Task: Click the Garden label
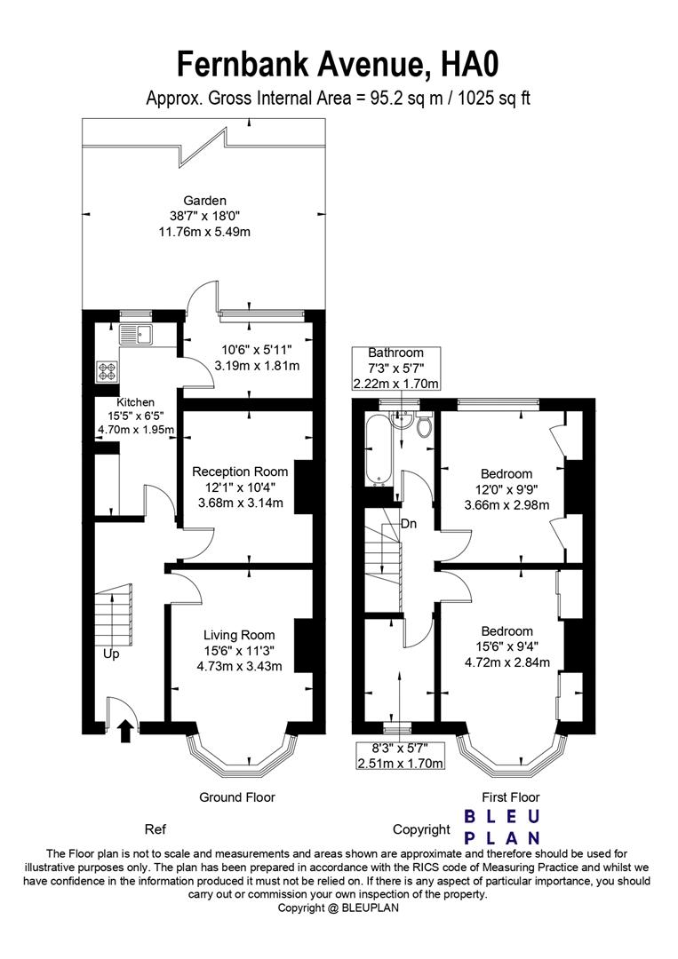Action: click(205, 201)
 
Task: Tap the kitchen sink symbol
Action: click(136, 335)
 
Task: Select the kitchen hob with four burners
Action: click(108, 370)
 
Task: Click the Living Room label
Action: click(239, 635)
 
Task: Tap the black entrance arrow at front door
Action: click(125, 730)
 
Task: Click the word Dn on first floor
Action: click(409, 524)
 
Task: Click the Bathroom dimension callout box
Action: click(396, 369)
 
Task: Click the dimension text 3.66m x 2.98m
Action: click(507, 505)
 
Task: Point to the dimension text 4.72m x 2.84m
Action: click(507, 662)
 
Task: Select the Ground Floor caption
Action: click(236, 797)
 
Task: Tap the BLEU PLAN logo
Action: click(504, 826)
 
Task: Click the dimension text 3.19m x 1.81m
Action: click(257, 366)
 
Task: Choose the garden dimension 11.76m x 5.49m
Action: click(205, 233)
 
